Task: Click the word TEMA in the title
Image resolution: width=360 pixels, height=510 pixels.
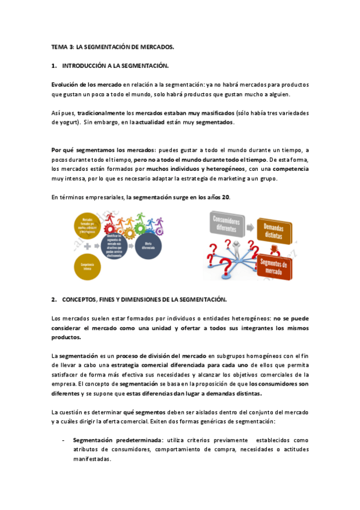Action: point(59,46)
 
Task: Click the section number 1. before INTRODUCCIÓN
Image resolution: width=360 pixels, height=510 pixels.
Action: point(54,64)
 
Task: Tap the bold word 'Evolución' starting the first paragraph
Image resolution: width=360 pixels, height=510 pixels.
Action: point(66,85)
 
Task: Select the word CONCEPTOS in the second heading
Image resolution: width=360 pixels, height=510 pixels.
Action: point(85,299)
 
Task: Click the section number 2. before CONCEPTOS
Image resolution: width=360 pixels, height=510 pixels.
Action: point(54,299)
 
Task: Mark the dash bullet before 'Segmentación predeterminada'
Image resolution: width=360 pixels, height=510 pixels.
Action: point(64,440)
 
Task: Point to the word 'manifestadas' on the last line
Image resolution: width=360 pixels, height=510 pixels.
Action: point(92,459)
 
